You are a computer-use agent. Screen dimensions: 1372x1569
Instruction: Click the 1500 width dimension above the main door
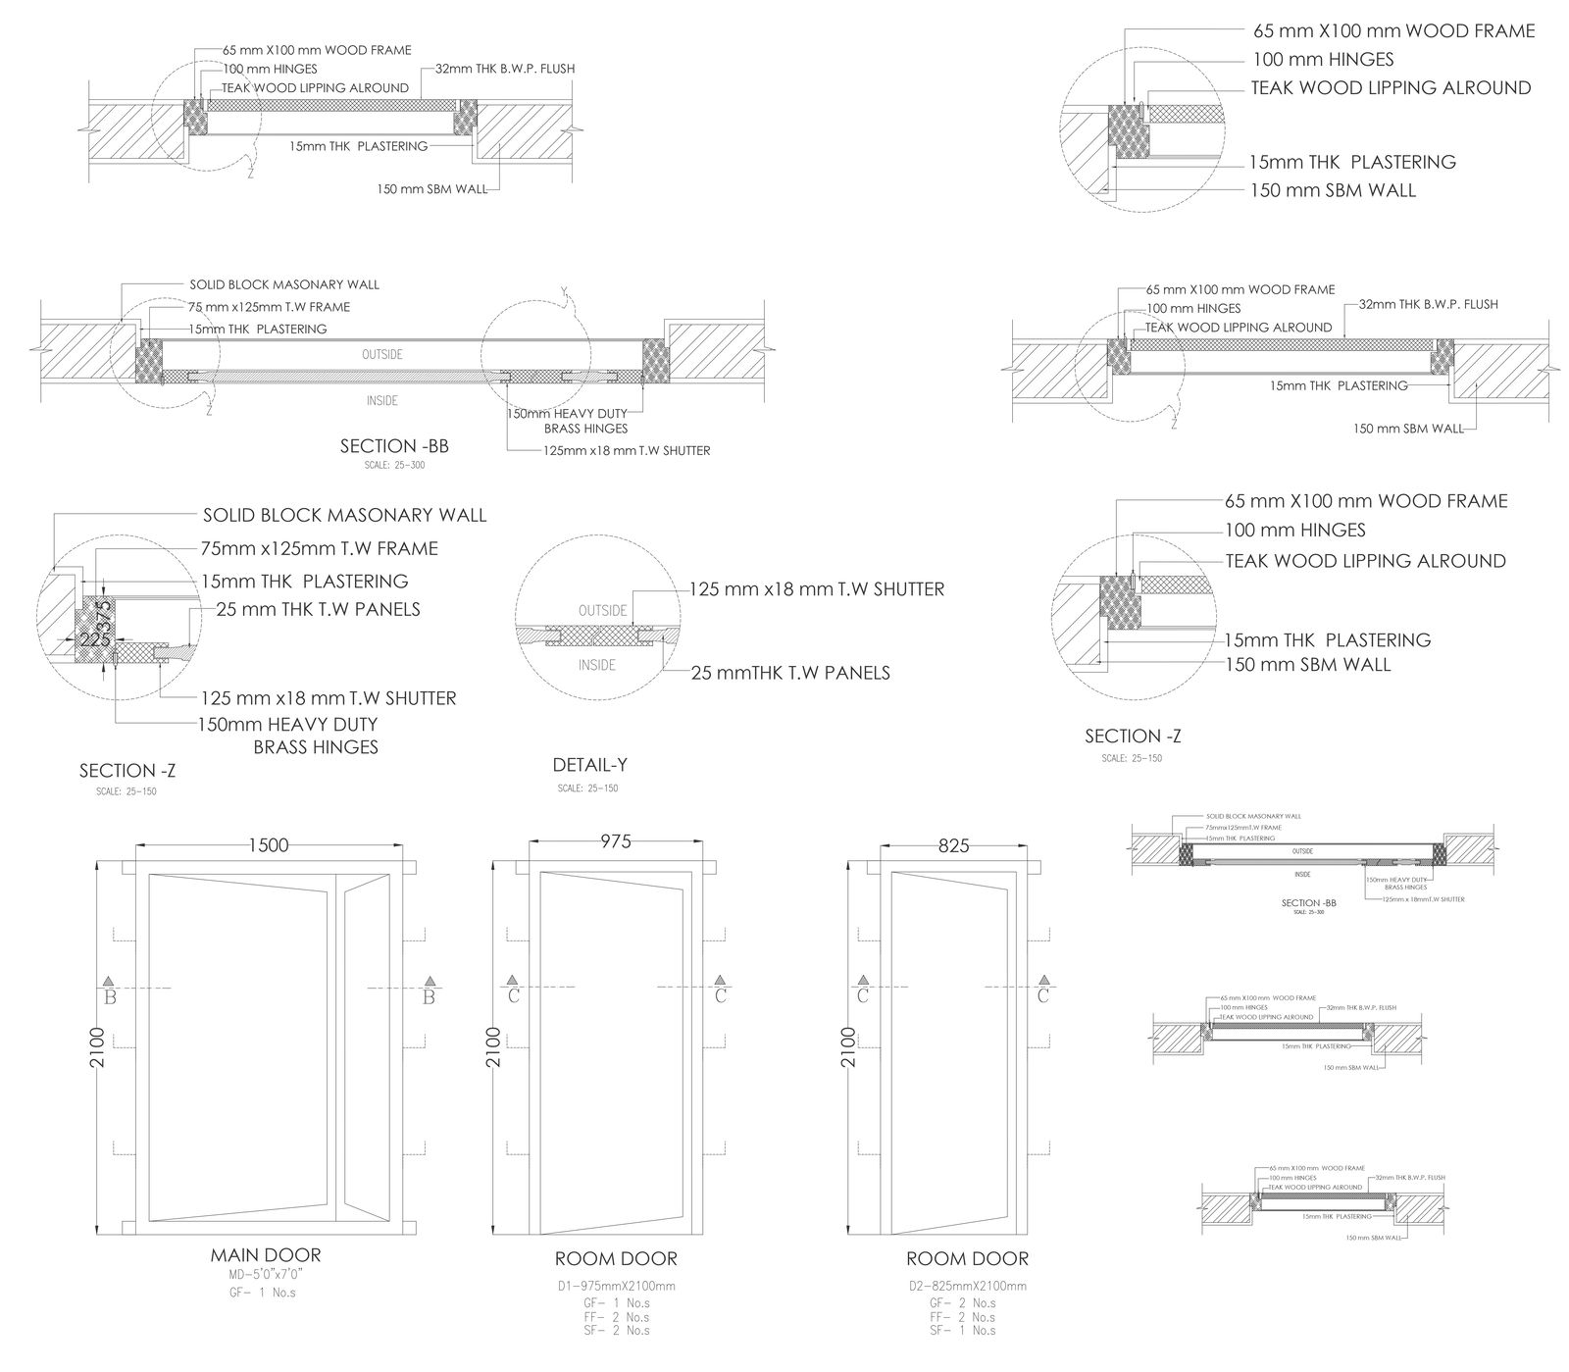tap(268, 844)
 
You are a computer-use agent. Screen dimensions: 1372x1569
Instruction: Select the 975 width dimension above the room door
tap(615, 840)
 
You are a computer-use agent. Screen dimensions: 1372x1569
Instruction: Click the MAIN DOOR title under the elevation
tap(265, 1254)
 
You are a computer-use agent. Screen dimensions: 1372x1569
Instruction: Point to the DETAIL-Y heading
tap(589, 765)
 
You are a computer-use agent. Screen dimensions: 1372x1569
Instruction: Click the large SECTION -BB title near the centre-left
tap(394, 446)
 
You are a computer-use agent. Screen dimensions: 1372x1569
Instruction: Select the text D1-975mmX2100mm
tap(616, 1285)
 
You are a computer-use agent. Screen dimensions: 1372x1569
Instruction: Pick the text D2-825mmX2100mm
tap(967, 1285)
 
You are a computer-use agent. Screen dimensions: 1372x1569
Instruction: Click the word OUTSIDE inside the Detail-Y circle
tap(602, 610)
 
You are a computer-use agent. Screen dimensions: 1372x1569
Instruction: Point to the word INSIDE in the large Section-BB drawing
tap(381, 400)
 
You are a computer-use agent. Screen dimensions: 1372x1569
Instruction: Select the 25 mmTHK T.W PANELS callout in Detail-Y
tap(790, 673)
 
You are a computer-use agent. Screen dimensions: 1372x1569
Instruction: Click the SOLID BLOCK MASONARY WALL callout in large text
tap(344, 515)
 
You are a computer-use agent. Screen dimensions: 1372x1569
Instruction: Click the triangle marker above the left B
tap(109, 982)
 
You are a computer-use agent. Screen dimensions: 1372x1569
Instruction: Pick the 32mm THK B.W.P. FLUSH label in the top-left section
tap(504, 69)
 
